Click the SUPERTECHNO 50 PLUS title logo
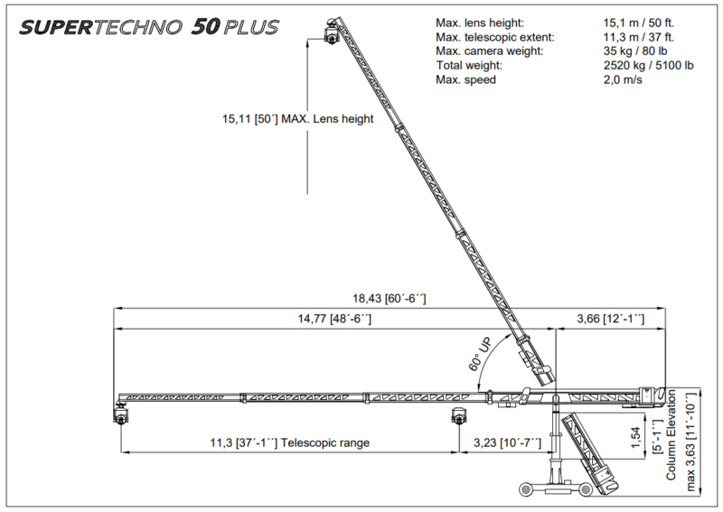149,27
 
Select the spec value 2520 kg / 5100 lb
648,65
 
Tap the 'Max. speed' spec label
465,79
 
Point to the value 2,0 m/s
623,79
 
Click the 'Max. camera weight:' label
490,51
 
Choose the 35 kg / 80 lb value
635,51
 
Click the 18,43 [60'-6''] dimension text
390,299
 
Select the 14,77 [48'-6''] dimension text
334,319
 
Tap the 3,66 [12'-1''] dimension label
611,319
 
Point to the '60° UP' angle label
481,354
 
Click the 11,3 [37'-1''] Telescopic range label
290,442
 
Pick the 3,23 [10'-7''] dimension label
508,442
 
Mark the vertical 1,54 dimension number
636,438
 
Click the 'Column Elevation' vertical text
671,435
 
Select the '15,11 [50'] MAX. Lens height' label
298,119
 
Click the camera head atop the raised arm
331,32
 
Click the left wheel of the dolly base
526,489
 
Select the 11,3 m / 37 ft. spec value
639,37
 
